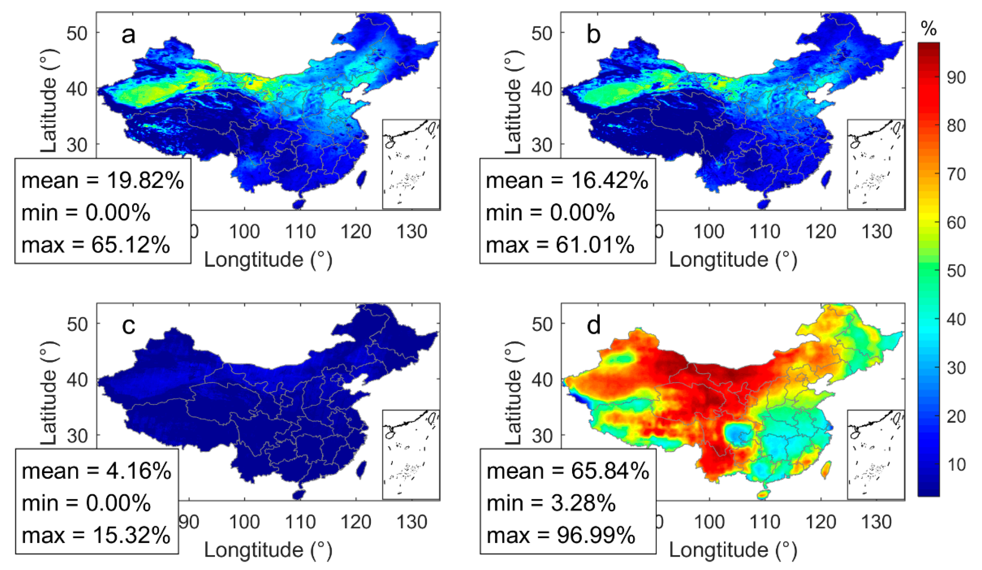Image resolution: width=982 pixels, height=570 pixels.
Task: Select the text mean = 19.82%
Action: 102,181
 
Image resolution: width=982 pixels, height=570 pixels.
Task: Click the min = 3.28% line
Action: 551,503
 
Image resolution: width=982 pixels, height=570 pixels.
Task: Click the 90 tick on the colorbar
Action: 956,78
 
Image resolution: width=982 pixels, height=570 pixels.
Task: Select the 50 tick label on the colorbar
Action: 956,271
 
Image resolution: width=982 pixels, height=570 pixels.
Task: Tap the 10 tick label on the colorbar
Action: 956,464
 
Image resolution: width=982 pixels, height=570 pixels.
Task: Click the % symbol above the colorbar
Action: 929,28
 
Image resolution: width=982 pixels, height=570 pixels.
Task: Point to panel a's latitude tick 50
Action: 77,33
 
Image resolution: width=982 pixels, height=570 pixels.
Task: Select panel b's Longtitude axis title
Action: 733,259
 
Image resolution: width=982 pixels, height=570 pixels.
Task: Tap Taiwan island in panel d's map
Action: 825,469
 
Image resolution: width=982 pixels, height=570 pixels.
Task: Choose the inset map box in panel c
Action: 411,454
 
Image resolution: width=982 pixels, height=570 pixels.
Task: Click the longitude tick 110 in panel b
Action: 765,232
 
